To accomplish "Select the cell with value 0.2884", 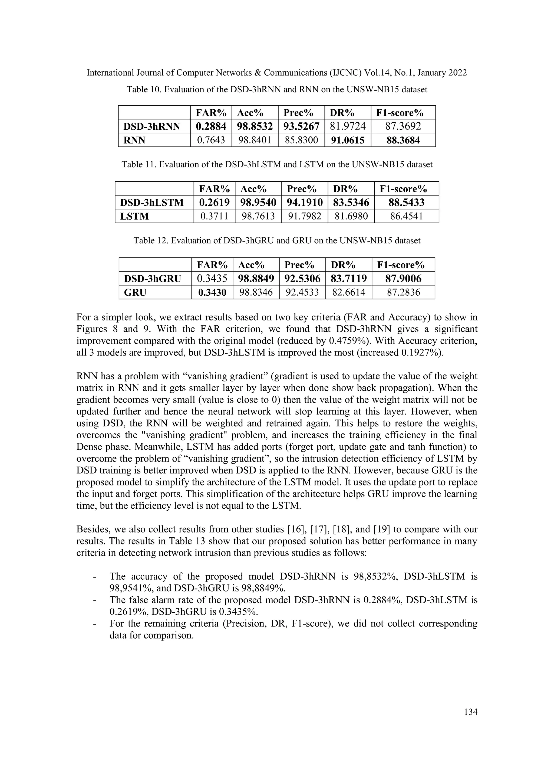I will point(211,126).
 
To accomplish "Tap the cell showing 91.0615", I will point(348,140).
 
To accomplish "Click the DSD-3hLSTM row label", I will point(151,202).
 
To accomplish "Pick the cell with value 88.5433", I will point(406,202).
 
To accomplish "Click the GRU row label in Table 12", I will point(135,292).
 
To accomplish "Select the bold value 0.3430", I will point(212,292).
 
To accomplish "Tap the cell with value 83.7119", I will point(349,279).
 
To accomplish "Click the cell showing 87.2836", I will point(404,292).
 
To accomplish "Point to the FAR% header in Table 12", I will point(212,265).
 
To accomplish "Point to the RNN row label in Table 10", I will point(134,140).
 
